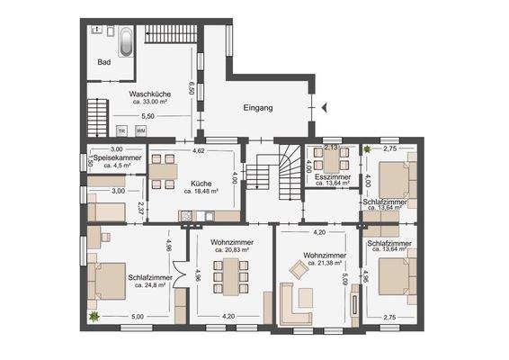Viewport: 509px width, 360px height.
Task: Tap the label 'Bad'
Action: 103,63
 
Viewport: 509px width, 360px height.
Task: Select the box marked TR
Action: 122,130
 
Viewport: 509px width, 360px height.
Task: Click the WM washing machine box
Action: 139,130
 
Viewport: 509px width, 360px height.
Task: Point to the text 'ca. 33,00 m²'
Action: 149,102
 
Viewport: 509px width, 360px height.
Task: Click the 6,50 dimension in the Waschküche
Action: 192,88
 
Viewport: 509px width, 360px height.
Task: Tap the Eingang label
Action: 257,108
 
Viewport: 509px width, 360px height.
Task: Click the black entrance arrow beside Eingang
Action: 326,108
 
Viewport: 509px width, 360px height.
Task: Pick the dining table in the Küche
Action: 163,171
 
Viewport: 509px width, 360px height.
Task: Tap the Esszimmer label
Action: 331,178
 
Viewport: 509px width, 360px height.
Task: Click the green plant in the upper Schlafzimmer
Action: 367,148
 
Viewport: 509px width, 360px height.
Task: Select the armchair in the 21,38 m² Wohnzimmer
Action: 298,269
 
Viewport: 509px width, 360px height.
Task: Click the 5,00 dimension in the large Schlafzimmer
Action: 137,317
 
